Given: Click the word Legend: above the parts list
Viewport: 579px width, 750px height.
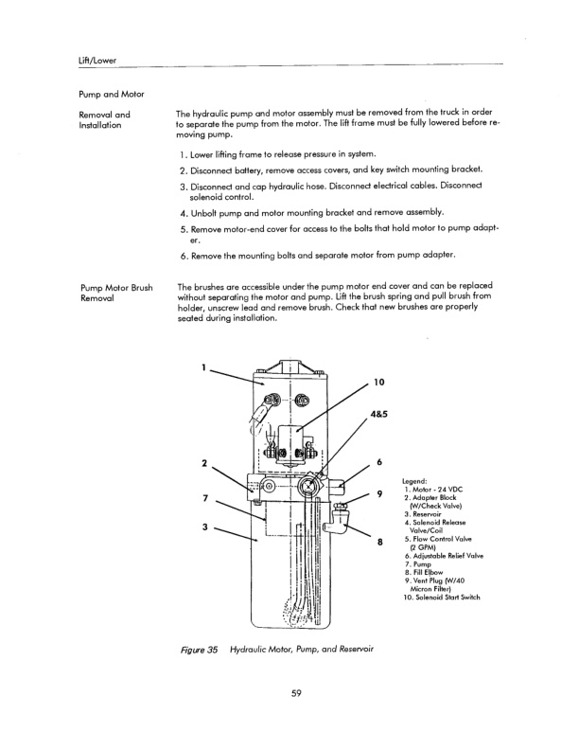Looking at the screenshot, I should coord(417,478).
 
